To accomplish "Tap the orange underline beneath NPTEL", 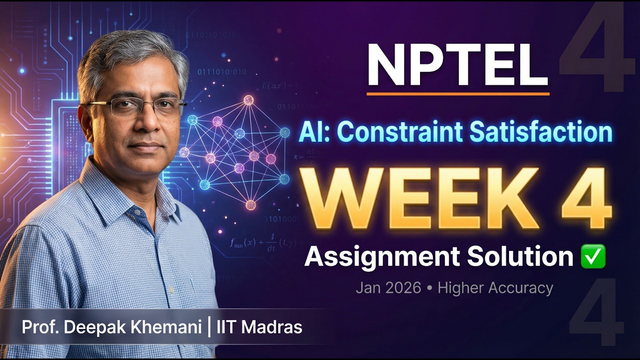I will (x=457, y=93).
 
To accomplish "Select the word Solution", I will (x=520, y=256).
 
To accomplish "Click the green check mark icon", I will (x=593, y=256).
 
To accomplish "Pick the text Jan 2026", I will (x=388, y=288).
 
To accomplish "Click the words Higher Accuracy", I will (x=495, y=288).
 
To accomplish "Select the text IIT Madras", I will (x=259, y=327).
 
